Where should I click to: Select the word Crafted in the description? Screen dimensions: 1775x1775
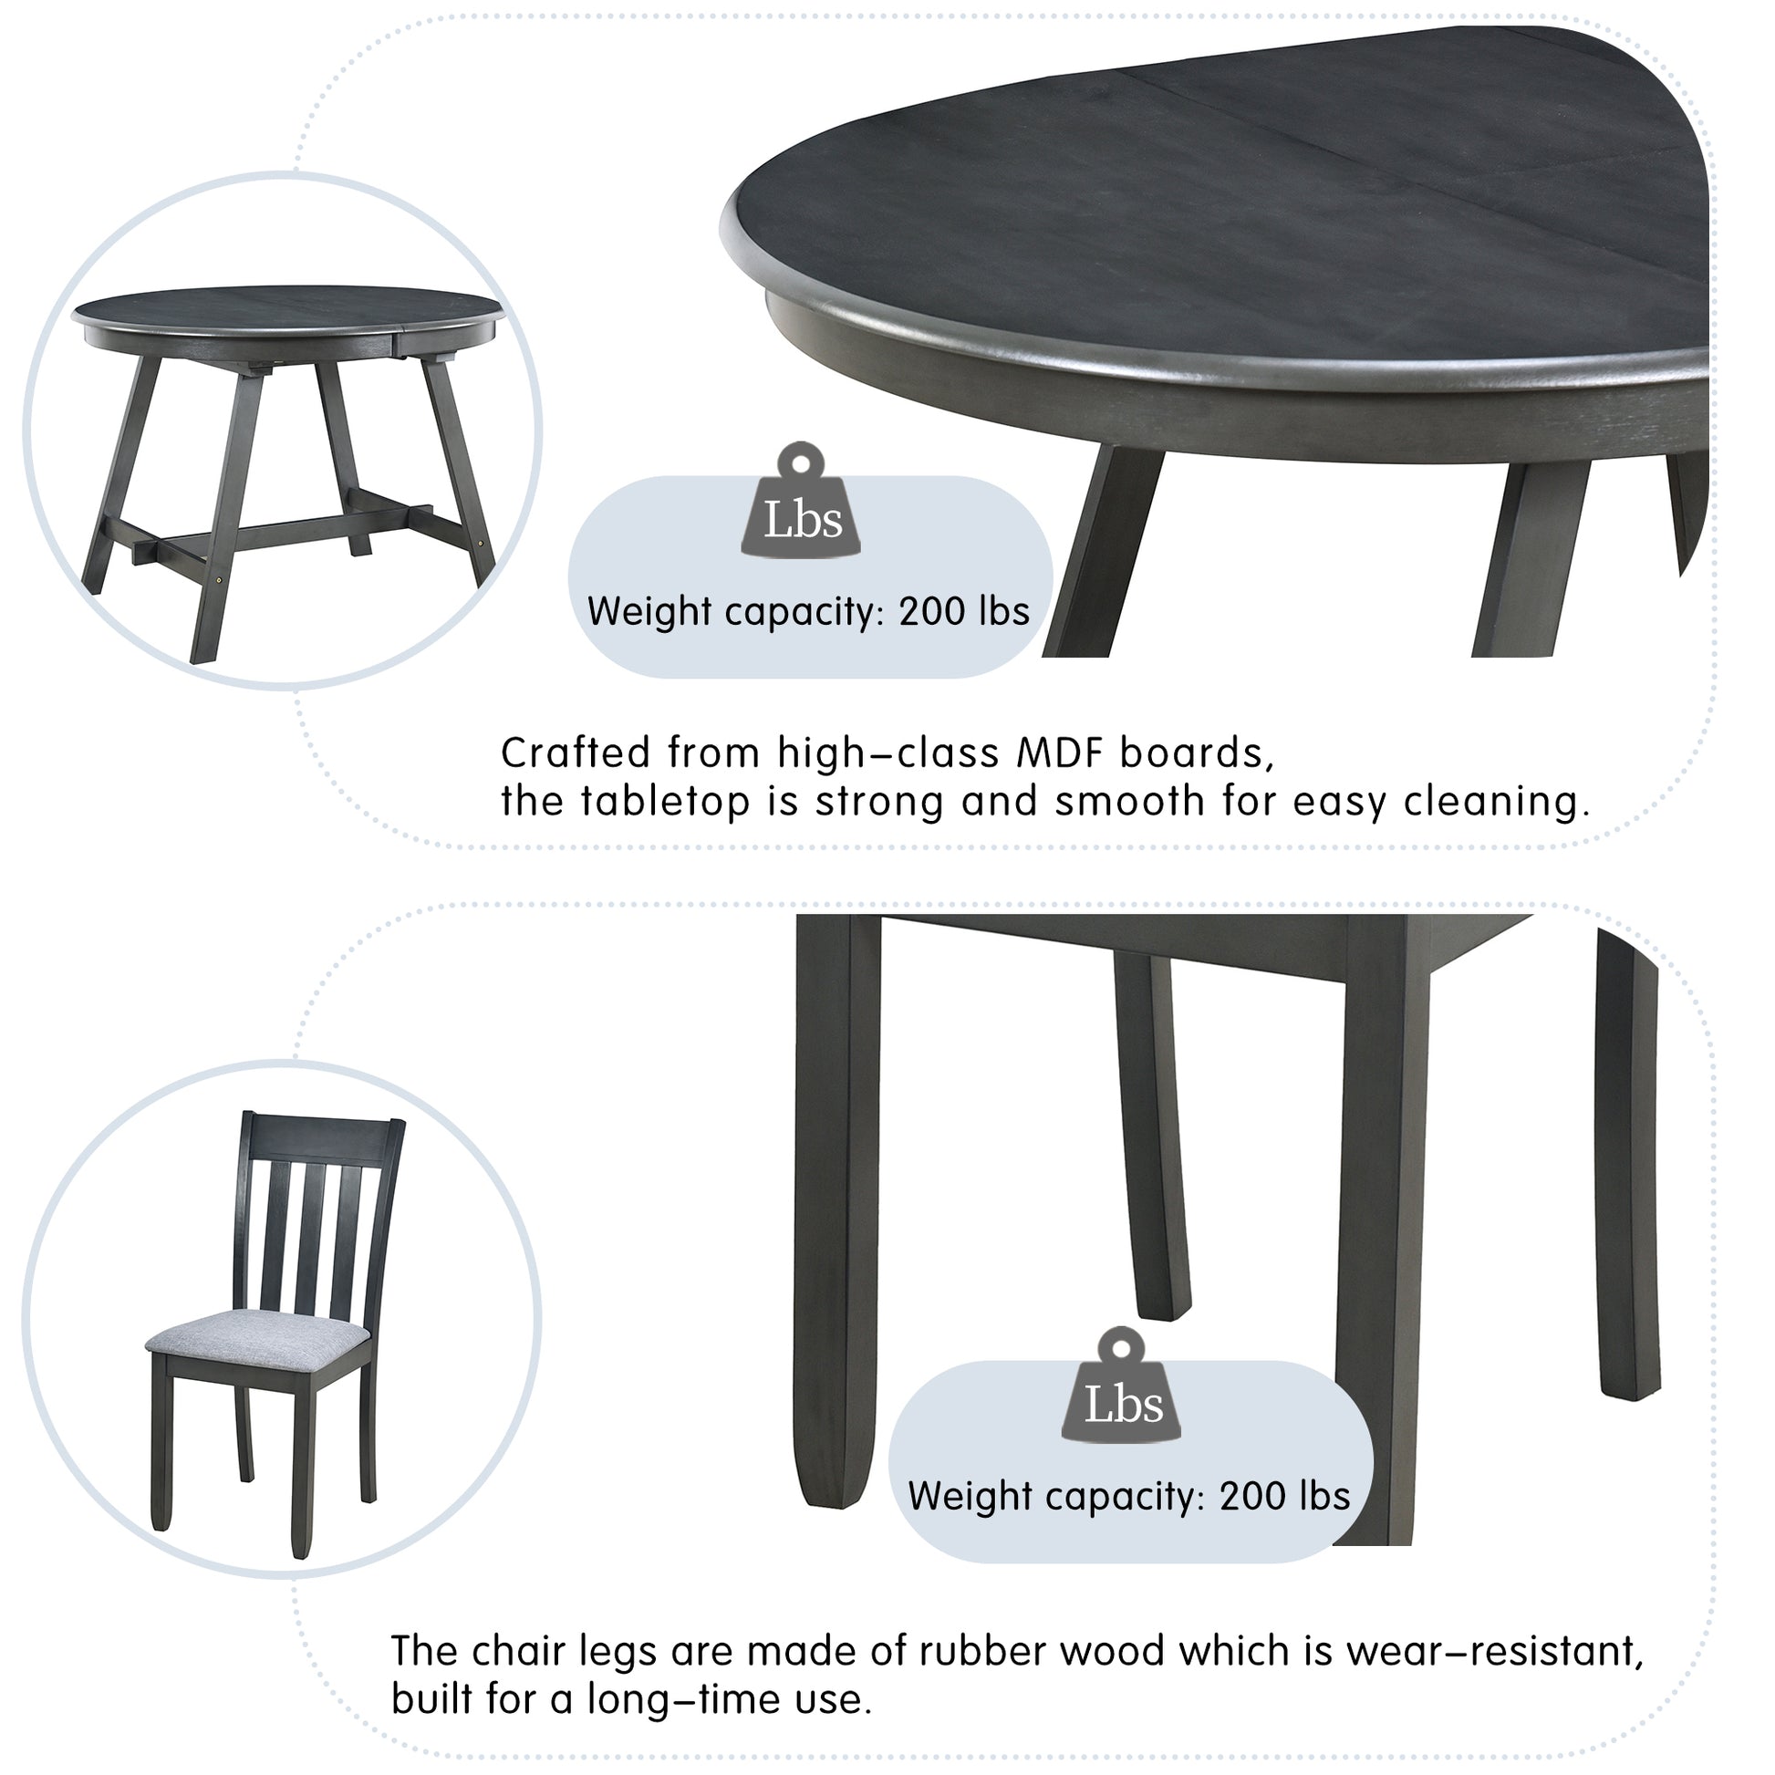tap(575, 753)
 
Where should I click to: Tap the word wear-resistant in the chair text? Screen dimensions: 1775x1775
tap(1494, 1651)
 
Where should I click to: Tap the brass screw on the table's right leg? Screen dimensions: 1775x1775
tap(485, 545)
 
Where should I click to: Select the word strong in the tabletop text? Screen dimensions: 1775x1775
tap(880, 802)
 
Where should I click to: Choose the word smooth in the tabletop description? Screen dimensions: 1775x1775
tap(1128, 802)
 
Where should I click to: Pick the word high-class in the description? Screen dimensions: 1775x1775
tap(887, 753)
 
